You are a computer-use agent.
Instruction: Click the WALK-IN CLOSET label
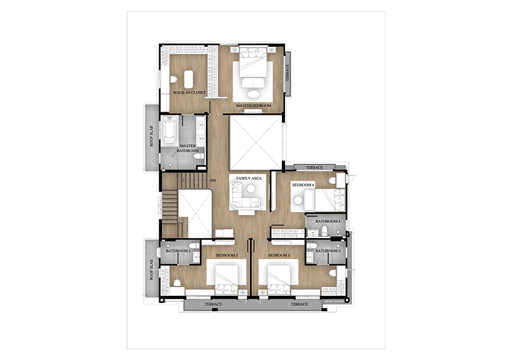pyautogui.click(x=189, y=92)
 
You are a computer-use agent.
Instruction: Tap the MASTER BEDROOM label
pyautogui.click(x=253, y=105)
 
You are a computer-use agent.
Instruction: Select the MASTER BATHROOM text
pyautogui.click(x=188, y=149)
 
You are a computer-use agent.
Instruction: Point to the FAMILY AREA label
pyautogui.click(x=249, y=178)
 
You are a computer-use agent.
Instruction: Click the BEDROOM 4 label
pyautogui.click(x=304, y=185)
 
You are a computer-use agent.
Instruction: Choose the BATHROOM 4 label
pyautogui.click(x=328, y=222)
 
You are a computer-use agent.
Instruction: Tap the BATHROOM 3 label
pyautogui.click(x=328, y=251)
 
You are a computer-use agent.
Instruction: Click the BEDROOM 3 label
pyautogui.click(x=279, y=255)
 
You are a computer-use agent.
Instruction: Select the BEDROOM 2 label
pyautogui.click(x=227, y=255)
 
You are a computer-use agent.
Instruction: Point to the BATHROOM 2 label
pyautogui.click(x=178, y=251)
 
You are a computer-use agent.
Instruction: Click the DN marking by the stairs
pyautogui.click(x=213, y=180)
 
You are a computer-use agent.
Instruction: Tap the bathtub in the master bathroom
pyautogui.click(x=170, y=130)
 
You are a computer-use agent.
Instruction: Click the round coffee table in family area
pyautogui.click(x=251, y=189)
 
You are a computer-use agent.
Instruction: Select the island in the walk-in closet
pyautogui.click(x=189, y=79)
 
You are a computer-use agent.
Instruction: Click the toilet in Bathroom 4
pyautogui.click(x=324, y=230)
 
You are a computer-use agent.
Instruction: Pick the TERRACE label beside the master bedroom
pyautogui.click(x=288, y=72)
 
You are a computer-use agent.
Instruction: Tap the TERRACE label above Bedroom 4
pyautogui.click(x=314, y=168)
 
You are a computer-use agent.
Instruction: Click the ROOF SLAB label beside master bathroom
pyautogui.click(x=152, y=136)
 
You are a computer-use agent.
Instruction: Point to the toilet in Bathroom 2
pyautogui.click(x=194, y=245)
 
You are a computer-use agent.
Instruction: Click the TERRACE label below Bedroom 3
pyautogui.click(x=299, y=304)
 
